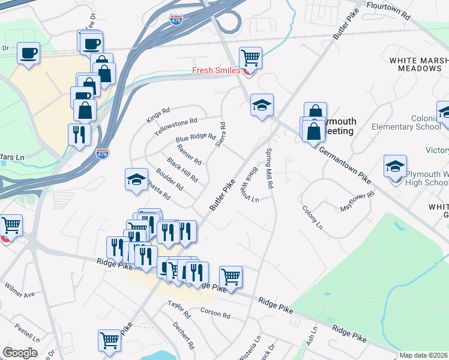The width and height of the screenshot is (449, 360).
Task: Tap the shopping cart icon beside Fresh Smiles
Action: [x=250, y=58]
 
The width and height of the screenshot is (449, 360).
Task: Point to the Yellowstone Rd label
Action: [x=176, y=126]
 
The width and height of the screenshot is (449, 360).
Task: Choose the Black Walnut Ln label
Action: [x=251, y=184]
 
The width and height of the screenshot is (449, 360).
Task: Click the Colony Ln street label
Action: [x=312, y=218]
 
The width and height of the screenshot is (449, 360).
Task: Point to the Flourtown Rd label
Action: [x=388, y=12]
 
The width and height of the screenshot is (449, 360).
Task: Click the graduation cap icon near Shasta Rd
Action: [x=136, y=179]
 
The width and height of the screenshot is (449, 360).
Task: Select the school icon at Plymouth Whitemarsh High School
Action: [x=395, y=166]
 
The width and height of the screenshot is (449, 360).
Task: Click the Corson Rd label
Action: [x=215, y=314]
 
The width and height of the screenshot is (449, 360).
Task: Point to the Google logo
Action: [x=20, y=353]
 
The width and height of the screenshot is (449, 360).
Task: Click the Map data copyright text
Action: [x=424, y=355]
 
